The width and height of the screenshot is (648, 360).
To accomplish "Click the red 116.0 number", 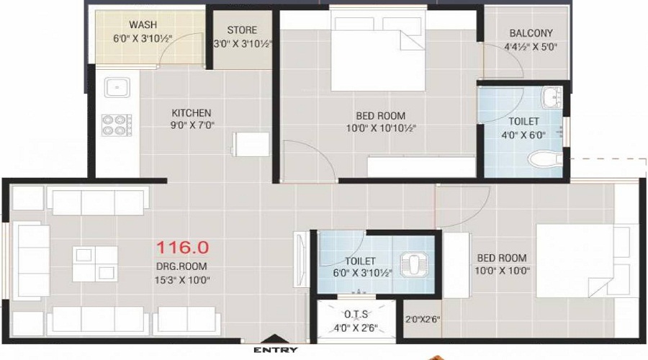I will [183, 248].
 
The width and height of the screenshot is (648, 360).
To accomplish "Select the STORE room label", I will [242, 30].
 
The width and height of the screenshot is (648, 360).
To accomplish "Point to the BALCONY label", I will [531, 33].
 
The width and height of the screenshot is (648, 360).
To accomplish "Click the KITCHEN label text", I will [191, 112].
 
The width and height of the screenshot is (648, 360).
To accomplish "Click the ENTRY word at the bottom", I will [275, 350].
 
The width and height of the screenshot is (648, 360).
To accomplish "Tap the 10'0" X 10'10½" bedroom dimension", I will [380, 129].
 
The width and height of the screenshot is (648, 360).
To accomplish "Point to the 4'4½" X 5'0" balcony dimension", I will [531, 48].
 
